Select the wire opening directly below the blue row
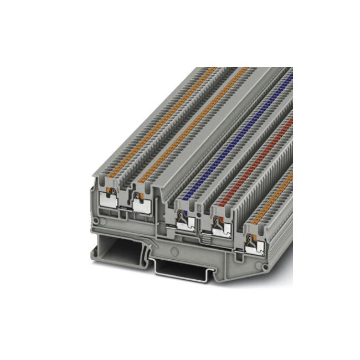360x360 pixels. [x=183, y=220]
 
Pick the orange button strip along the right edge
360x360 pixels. [x=274, y=191]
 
